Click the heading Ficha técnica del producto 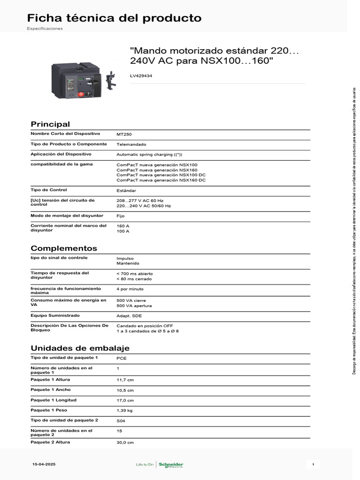(x=114, y=18)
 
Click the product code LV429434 (x=141, y=75)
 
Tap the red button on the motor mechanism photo (x=80, y=94)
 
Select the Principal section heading (x=50, y=124)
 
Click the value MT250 (x=124, y=134)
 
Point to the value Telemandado (x=131, y=144)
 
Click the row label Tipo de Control (x=49, y=190)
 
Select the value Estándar (x=126, y=191)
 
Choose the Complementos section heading (x=64, y=248)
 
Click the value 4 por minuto (x=130, y=289)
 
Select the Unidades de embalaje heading (x=80, y=348)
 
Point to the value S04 (x=121, y=421)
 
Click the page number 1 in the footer (x=313, y=464)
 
